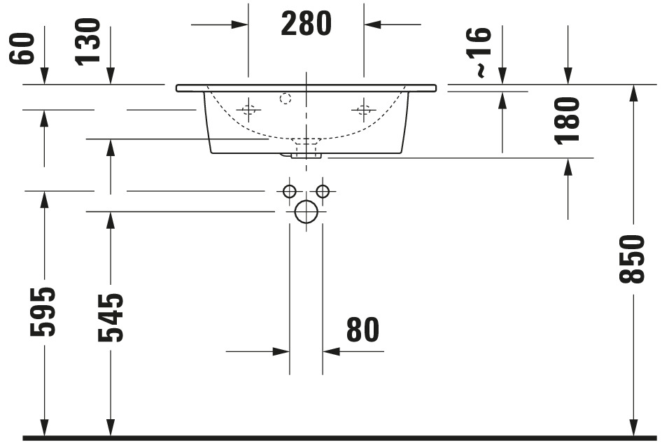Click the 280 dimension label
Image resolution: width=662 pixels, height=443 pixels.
tap(306, 24)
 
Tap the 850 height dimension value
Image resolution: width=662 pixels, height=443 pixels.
tap(632, 258)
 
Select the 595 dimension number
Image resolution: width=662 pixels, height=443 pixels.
tap(43, 311)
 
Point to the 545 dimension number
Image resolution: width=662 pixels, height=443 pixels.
tap(111, 317)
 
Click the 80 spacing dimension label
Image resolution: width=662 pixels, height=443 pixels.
tap(362, 330)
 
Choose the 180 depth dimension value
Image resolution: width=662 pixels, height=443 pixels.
tap(568, 121)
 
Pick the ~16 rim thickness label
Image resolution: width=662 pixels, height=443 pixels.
tap(484, 52)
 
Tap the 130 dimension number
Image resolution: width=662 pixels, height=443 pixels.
tap(87, 42)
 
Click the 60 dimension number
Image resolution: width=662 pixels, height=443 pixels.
tap(21, 48)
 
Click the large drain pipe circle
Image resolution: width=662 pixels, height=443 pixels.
tap(306, 211)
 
